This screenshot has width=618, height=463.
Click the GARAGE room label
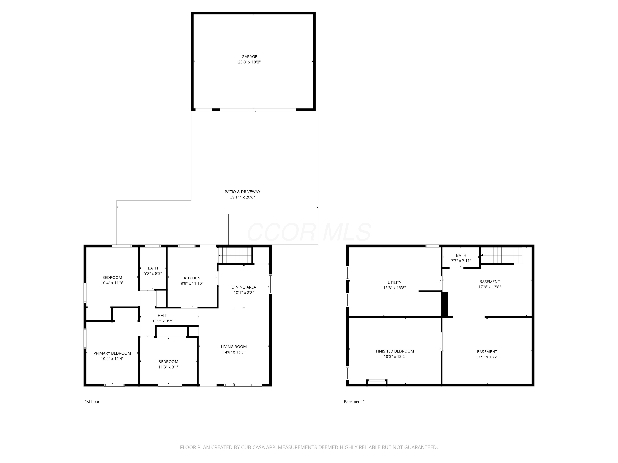click(249, 57)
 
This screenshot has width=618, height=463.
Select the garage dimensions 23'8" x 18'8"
click(249, 62)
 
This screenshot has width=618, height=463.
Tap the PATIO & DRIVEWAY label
click(242, 192)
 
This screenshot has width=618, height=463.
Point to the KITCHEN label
click(192, 278)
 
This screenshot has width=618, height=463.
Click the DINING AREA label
click(244, 287)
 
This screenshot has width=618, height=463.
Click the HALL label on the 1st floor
click(162, 316)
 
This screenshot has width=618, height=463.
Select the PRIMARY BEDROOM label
click(112, 353)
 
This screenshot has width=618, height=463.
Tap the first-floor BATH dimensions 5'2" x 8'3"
click(153, 274)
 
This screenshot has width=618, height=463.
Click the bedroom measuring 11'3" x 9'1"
click(168, 364)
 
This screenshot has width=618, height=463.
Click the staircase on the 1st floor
click(235, 255)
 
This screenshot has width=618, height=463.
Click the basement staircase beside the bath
click(501, 255)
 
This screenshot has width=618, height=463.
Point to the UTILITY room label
click(394, 283)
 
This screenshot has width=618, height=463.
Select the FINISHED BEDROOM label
click(394, 351)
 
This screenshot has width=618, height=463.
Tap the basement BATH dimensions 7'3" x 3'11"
click(461, 261)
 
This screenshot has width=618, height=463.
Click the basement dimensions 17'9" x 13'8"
click(489, 287)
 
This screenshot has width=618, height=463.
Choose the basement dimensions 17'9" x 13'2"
click(487, 357)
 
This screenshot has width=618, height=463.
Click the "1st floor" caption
click(92, 402)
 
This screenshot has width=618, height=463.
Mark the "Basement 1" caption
click(354, 402)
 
